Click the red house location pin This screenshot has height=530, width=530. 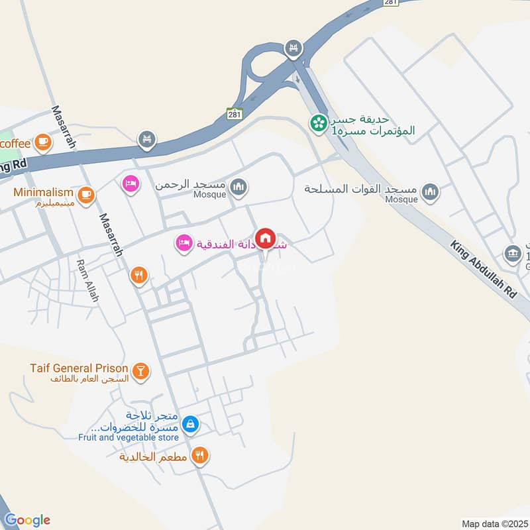(x=266, y=238)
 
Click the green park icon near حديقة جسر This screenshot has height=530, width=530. (x=319, y=123)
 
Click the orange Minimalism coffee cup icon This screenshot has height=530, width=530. (x=85, y=195)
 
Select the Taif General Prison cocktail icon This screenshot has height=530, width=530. (x=140, y=372)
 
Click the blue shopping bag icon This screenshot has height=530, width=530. (x=190, y=424)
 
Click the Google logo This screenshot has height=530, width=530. (x=27, y=520)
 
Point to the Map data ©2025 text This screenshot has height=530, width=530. (x=494, y=523)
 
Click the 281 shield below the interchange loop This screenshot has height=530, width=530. (x=235, y=114)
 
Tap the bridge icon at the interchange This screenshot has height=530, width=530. (x=293, y=48)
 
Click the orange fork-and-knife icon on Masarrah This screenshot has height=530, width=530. (x=138, y=276)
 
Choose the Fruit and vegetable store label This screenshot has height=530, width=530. (x=128, y=437)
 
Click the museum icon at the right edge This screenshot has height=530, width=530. (x=512, y=253)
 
